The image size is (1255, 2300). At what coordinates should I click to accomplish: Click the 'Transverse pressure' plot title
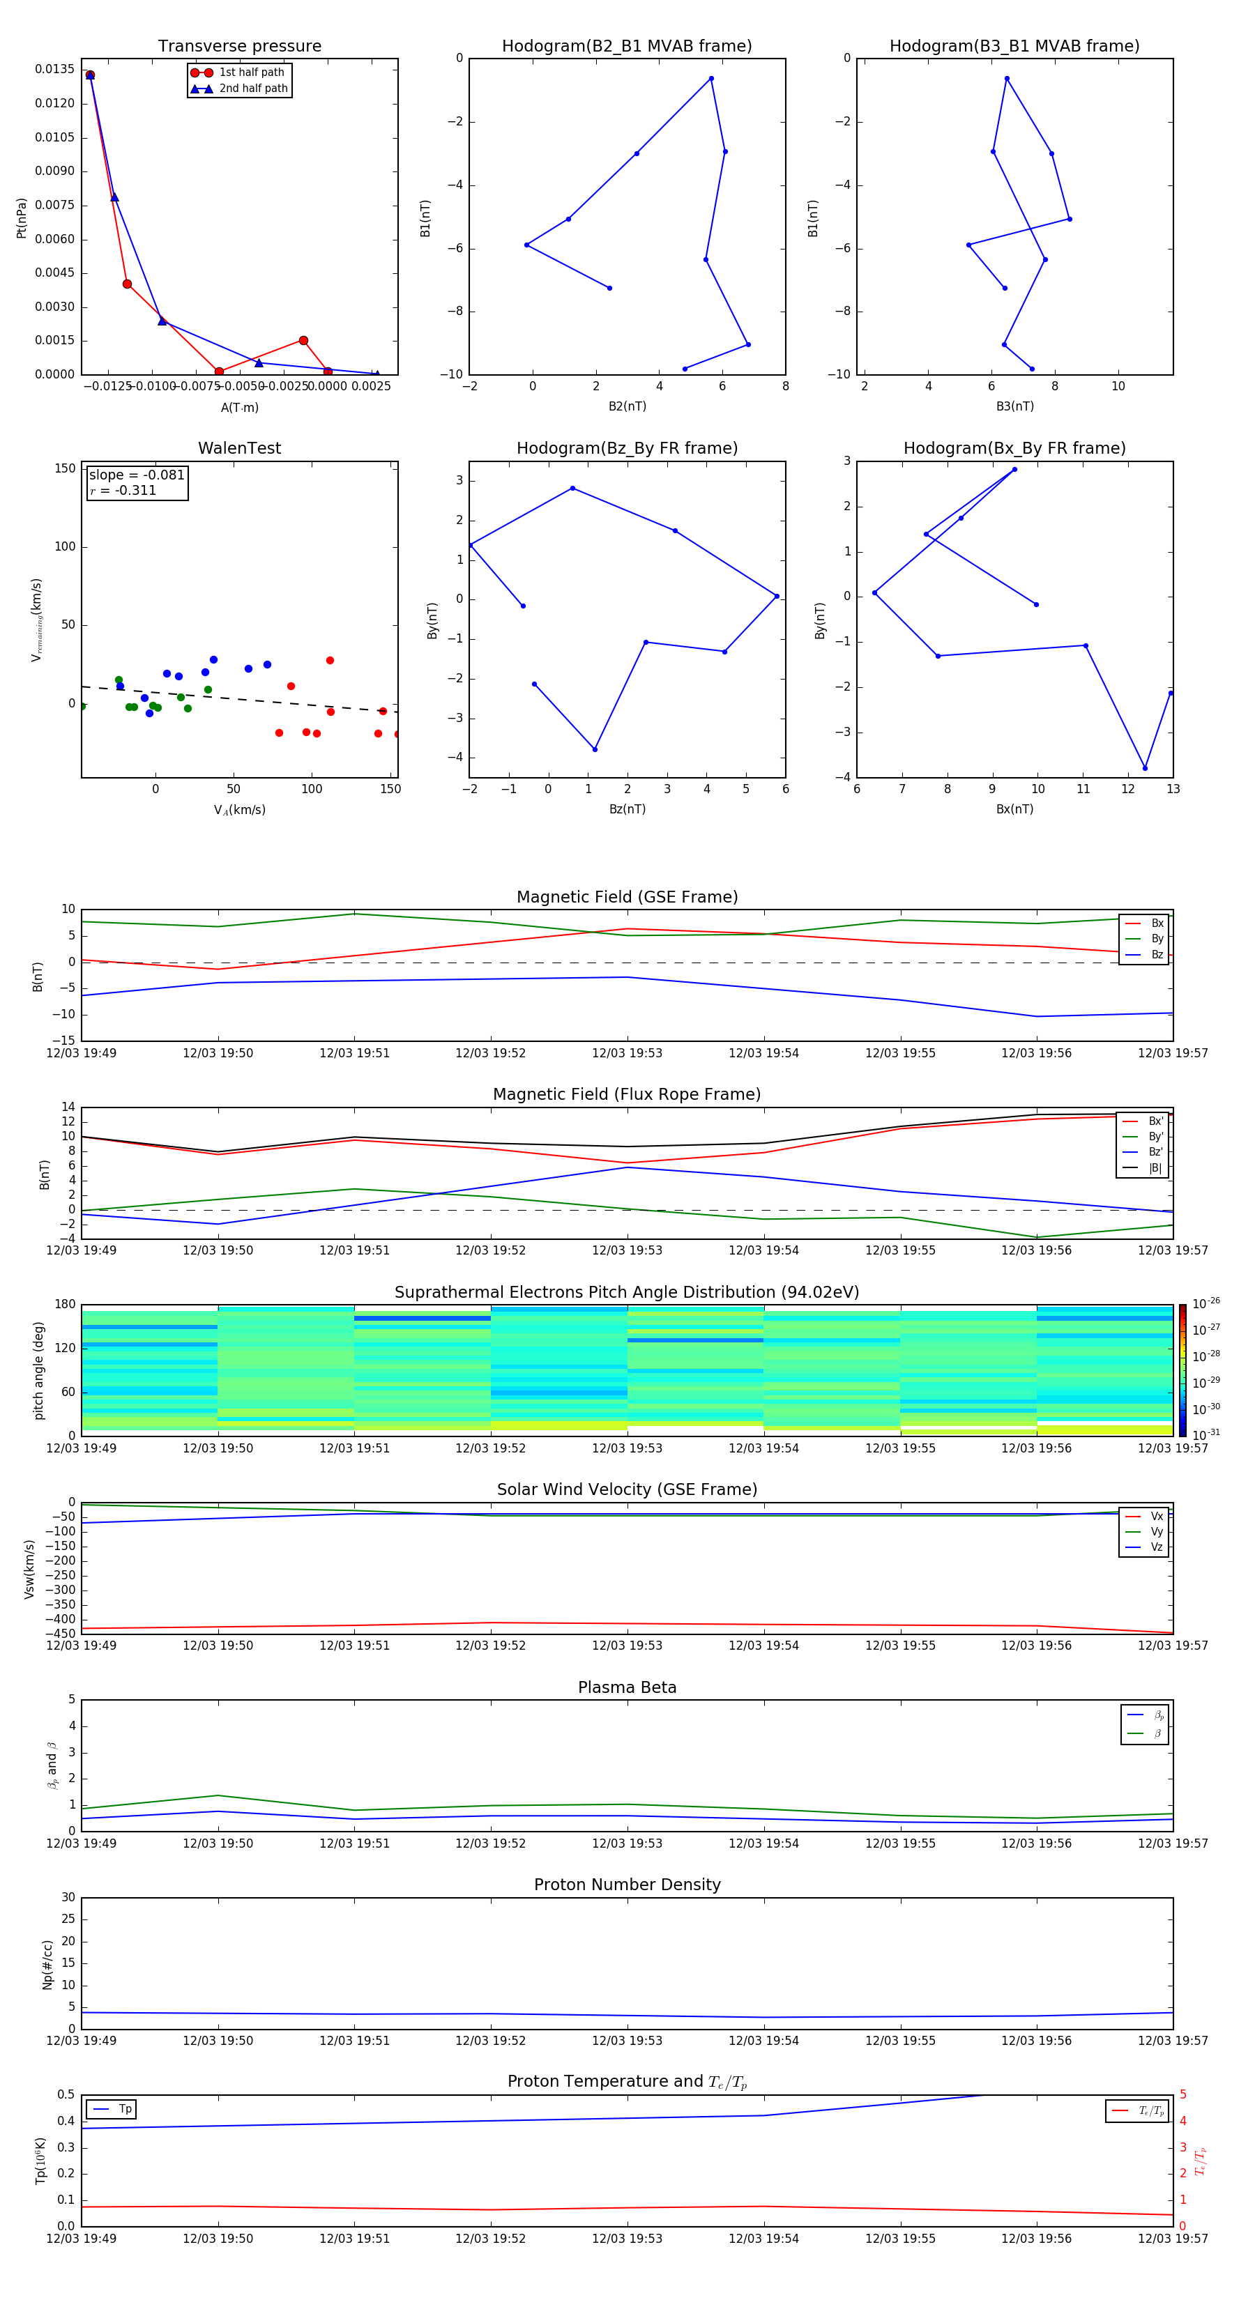239,47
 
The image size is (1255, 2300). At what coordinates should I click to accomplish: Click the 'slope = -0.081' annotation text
137,475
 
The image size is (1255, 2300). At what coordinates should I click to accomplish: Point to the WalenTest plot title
239,448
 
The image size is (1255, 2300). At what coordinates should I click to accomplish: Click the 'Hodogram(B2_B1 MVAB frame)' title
626,47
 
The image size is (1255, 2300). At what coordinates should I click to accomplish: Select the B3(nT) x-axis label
1014,406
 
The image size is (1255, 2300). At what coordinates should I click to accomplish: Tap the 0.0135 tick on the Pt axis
54,70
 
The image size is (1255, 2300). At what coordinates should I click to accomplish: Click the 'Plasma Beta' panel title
627,1687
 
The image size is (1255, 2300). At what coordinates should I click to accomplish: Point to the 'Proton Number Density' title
627,1885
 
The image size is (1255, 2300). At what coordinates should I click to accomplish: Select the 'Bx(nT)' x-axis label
1014,809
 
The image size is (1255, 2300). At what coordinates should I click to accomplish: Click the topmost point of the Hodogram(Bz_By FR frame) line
572,489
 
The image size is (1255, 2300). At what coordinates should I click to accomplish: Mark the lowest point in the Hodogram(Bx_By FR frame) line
1145,768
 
